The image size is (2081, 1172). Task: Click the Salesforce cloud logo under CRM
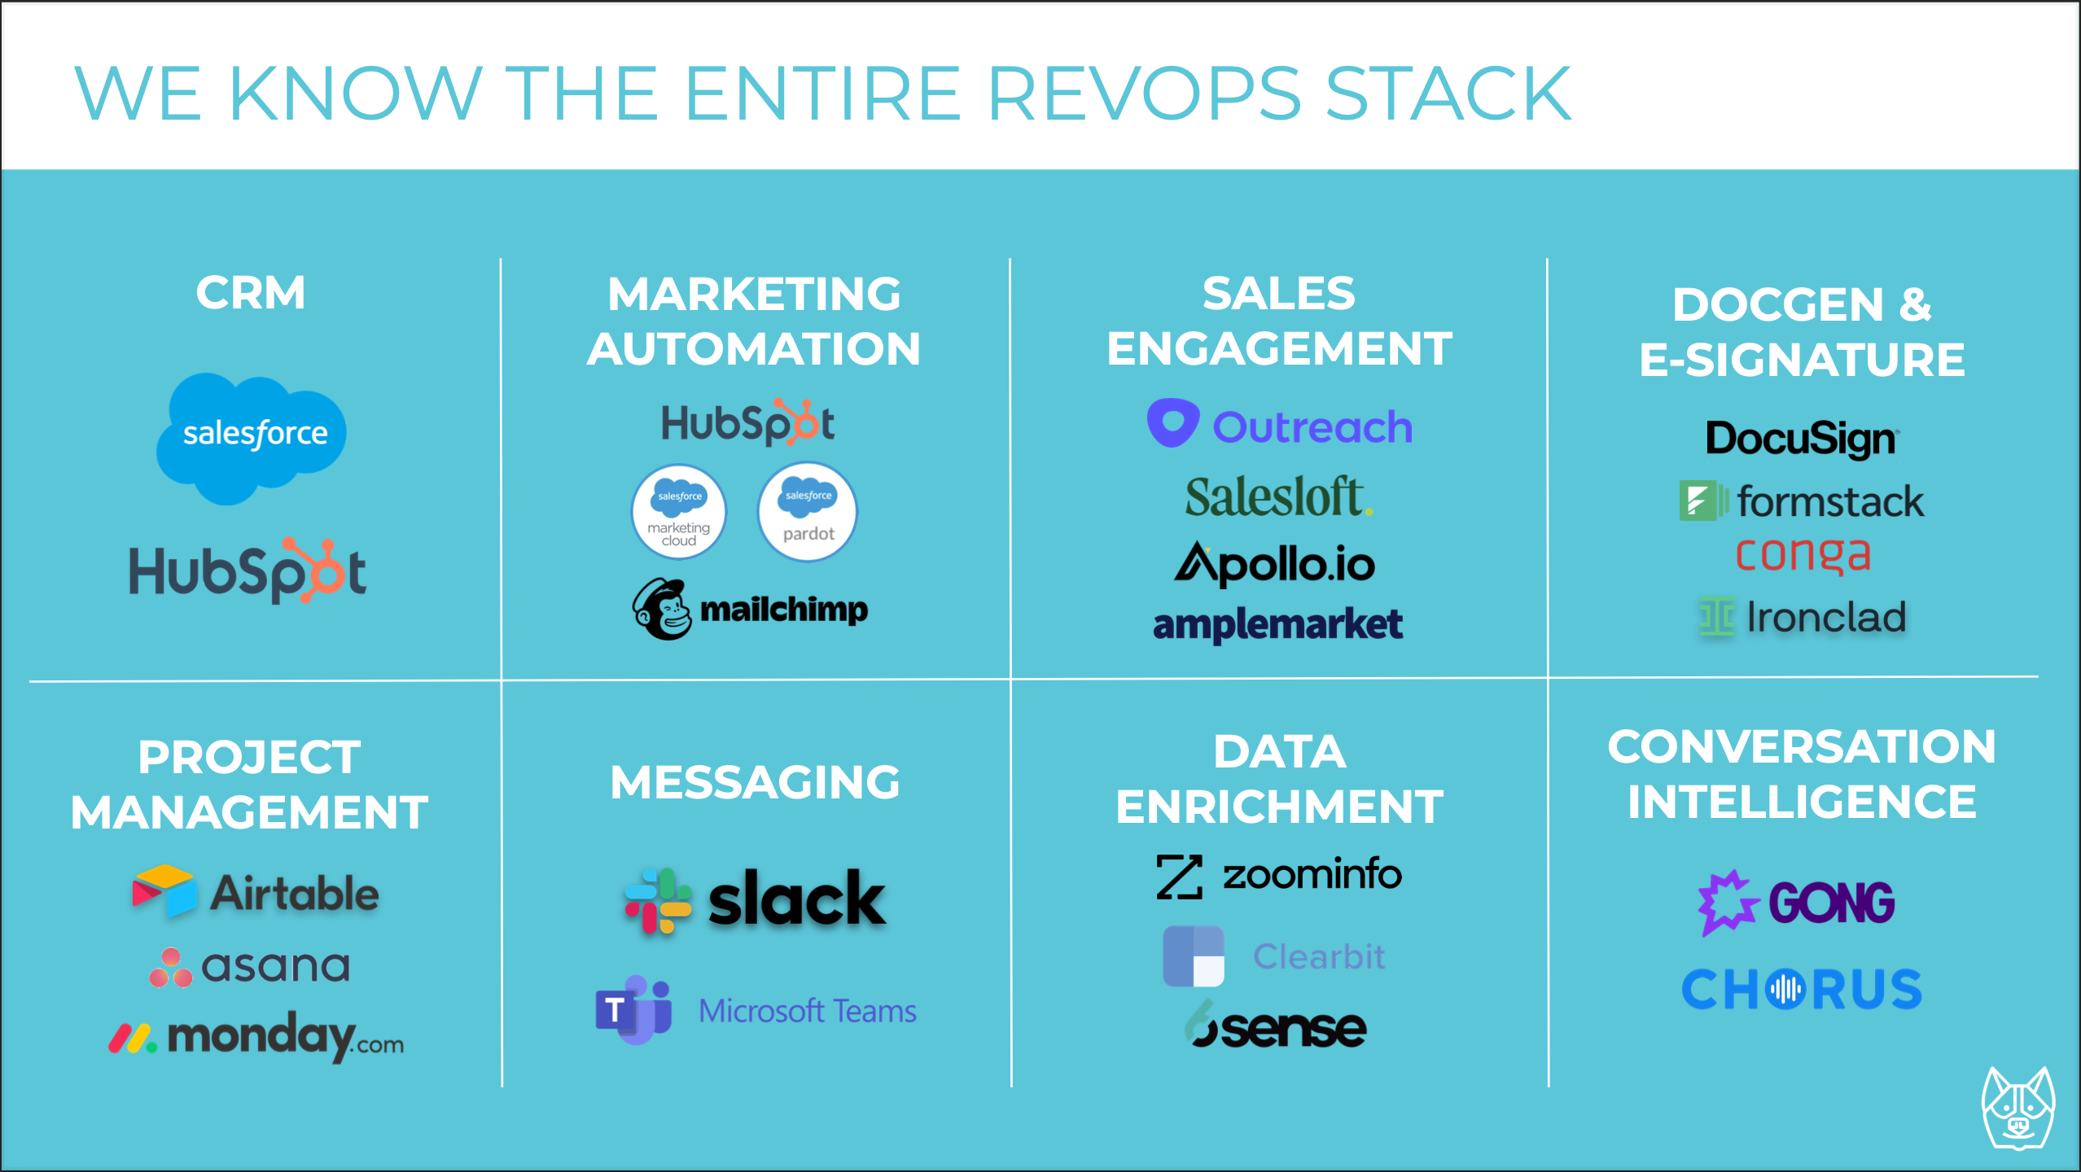[x=252, y=438]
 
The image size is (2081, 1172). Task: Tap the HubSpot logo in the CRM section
[x=248, y=571]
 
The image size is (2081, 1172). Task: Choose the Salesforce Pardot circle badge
[x=808, y=512]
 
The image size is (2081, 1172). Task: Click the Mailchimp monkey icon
[x=663, y=610]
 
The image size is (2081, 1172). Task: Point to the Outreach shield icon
[x=1172, y=422]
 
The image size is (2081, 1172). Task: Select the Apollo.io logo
[x=1274, y=563]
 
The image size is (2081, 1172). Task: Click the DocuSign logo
[x=1803, y=439]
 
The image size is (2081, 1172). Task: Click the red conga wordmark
[x=1803, y=556]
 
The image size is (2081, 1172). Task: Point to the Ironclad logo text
[x=1826, y=617]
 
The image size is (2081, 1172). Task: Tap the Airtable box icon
[x=164, y=890]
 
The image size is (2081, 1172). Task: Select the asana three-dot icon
[x=171, y=967]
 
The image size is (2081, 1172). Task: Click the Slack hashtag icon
[x=658, y=900]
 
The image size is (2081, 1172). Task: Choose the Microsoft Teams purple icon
[x=634, y=1010]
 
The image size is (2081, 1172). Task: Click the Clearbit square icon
[x=1194, y=956]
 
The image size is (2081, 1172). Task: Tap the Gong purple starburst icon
[x=1728, y=903]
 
